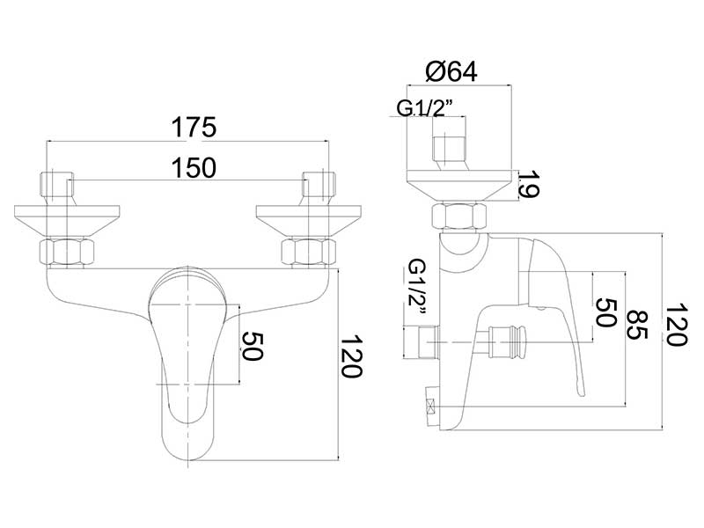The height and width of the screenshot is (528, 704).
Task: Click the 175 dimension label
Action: click(194, 127)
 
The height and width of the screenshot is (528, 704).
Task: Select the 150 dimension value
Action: click(194, 168)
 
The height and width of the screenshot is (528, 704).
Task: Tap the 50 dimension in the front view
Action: click(252, 346)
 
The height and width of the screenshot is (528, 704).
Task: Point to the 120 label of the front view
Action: click(351, 356)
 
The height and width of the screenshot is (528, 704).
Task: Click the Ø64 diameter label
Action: click(451, 71)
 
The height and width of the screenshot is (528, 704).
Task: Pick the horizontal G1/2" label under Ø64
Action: click(424, 107)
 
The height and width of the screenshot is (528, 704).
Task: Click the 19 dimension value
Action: click(529, 184)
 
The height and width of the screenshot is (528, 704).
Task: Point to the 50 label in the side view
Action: click(605, 313)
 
